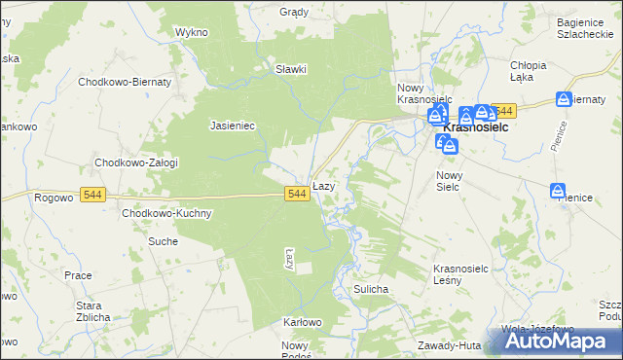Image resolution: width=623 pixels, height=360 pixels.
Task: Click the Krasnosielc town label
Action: (x=479, y=127)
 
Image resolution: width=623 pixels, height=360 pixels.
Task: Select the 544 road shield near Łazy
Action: (x=298, y=195)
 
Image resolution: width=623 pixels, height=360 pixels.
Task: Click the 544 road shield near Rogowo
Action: (x=93, y=195)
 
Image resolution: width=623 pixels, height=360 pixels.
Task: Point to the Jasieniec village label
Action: (x=233, y=126)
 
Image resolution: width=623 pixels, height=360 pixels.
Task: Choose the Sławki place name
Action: (x=291, y=69)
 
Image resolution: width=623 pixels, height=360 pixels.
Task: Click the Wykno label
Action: (x=192, y=32)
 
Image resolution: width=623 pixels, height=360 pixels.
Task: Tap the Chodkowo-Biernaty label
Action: (x=125, y=83)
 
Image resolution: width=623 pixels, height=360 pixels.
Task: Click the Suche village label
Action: (x=163, y=240)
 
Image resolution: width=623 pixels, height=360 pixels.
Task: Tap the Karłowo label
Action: (x=302, y=322)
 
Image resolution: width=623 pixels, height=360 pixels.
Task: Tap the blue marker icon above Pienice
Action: (x=558, y=192)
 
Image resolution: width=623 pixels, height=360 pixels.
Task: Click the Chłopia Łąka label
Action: (x=529, y=71)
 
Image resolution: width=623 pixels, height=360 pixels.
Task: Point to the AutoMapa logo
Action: (x=560, y=340)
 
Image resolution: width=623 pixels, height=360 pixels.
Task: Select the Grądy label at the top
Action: (x=294, y=13)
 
